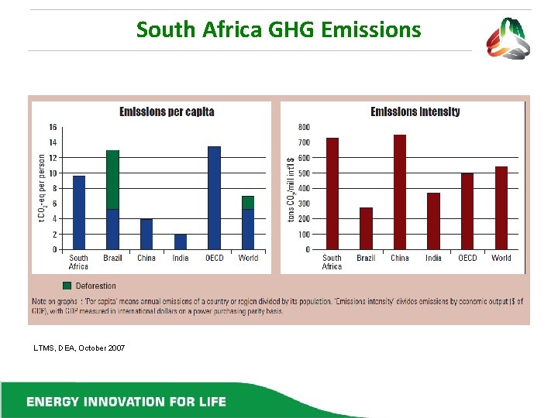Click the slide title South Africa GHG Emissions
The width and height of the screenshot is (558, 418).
(278, 30)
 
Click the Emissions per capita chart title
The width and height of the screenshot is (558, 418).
(167, 111)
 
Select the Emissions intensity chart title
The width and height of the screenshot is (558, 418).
(415, 111)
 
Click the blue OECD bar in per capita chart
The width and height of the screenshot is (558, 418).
(214, 198)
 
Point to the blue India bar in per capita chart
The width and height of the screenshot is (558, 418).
(180, 242)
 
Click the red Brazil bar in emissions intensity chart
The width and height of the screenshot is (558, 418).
(366, 228)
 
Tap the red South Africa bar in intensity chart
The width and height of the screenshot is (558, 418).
(332, 194)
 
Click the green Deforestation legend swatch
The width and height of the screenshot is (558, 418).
(67, 286)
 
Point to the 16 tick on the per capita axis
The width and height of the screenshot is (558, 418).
(53, 127)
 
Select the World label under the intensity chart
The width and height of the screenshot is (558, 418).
(501, 258)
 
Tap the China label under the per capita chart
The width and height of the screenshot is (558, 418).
(146, 258)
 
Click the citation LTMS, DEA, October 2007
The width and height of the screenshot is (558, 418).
(78, 348)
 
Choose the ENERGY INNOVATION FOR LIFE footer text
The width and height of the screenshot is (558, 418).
(126, 401)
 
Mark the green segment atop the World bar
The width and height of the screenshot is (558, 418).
(247, 203)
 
